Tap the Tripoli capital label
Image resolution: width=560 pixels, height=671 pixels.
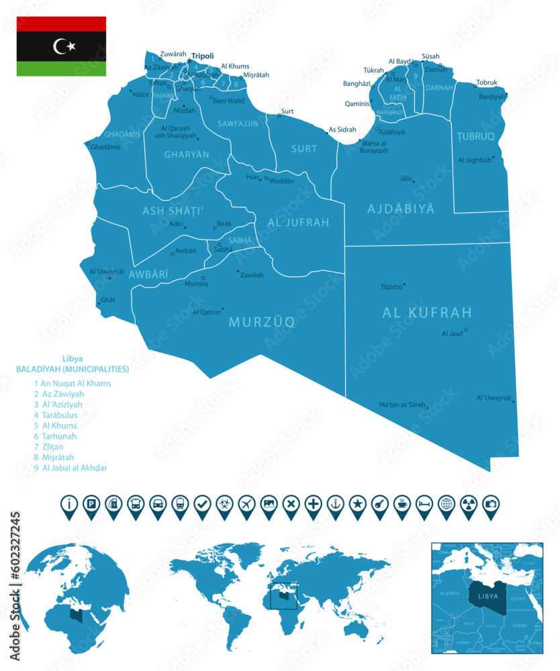pos(202,56)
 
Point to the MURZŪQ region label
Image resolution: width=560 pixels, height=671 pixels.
pos(262,322)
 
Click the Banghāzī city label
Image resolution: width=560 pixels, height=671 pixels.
pos(357,84)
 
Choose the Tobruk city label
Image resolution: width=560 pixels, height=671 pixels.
pos(487,83)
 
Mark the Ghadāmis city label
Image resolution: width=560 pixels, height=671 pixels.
pos(105,147)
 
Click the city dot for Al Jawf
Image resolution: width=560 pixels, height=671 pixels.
pos(466,329)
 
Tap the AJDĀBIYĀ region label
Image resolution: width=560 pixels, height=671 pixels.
pos(401,209)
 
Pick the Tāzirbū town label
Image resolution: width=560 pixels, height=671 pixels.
pos(391,287)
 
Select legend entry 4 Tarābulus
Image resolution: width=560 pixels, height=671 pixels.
pos(55,415)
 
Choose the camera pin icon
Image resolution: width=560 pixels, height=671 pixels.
pos(490,503)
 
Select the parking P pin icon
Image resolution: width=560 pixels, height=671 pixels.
pos(91,503)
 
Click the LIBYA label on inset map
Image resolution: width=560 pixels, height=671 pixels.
pos(483,596)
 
